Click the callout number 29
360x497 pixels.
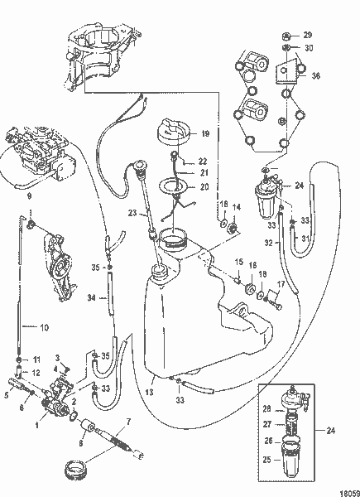point(308,35)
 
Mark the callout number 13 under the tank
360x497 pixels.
point(151,394)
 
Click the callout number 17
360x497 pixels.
point(282,285)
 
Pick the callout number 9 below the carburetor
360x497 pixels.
point(29,196)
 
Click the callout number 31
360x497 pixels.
point(305,240)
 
